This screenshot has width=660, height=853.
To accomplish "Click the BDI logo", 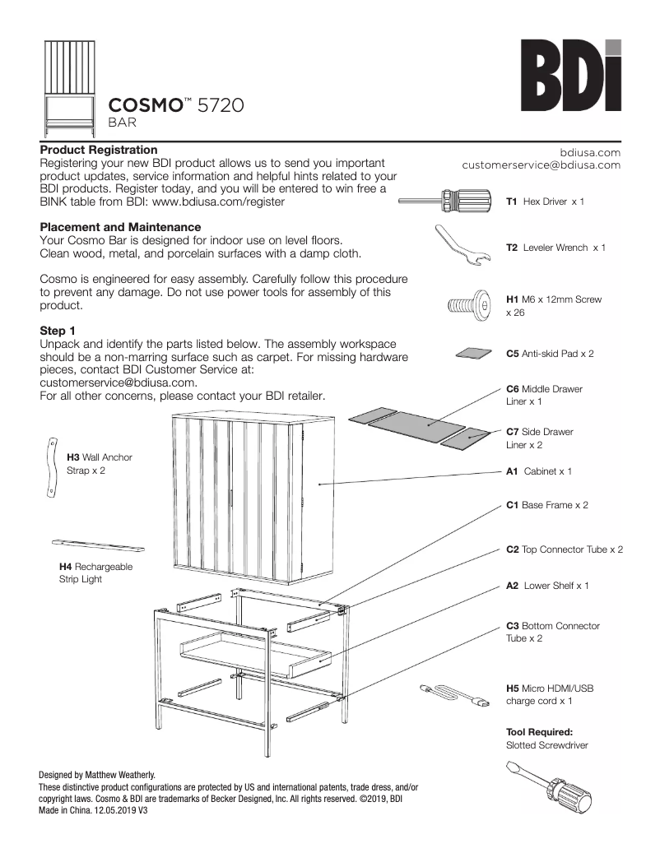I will point(569,76).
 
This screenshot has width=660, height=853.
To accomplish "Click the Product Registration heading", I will point(99,150).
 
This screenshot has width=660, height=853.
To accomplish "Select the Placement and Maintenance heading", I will point(120,227).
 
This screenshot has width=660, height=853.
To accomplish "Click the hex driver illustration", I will point(447,201).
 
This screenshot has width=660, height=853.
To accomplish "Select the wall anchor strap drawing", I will point(49,466).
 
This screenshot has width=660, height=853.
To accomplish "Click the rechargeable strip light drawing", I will point(98,545).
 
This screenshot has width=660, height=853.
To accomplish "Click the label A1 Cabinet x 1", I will point(538,471).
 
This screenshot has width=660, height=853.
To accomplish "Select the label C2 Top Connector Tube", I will point(564,549).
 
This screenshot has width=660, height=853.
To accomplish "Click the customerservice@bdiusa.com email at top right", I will point(541,165).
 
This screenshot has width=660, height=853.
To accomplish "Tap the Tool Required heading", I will point(538,731).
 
